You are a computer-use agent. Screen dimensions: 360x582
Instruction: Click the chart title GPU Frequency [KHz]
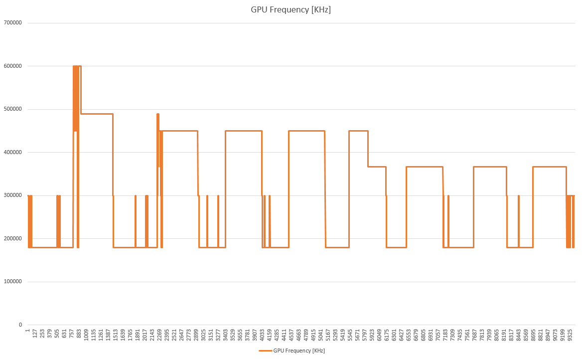291,10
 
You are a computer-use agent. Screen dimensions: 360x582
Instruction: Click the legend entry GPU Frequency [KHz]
299,351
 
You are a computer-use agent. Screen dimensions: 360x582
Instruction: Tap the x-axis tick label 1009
86,334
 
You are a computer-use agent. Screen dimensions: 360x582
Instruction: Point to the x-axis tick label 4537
291,334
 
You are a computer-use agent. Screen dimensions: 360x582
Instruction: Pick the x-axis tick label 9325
570,334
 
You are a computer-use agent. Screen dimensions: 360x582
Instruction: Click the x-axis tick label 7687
475,334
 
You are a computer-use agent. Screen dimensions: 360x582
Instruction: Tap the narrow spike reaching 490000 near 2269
158,114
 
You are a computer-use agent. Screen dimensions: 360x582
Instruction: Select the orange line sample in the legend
265,351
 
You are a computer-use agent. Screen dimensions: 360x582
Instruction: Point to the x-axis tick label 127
35,334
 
